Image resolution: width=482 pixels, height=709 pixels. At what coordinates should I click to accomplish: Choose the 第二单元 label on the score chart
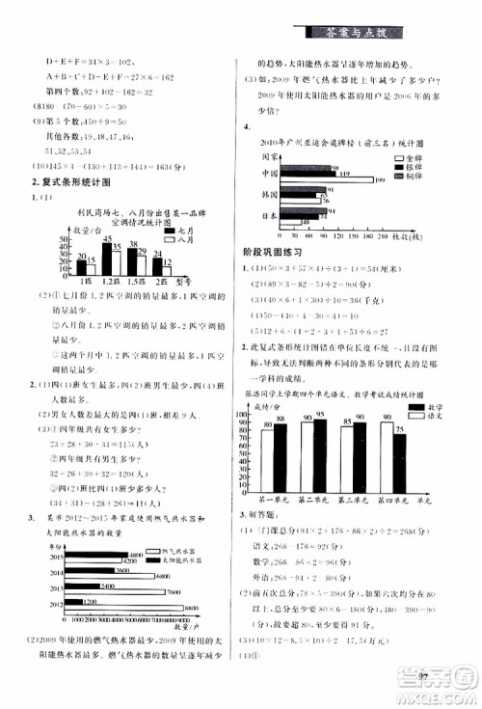pos(311,501)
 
